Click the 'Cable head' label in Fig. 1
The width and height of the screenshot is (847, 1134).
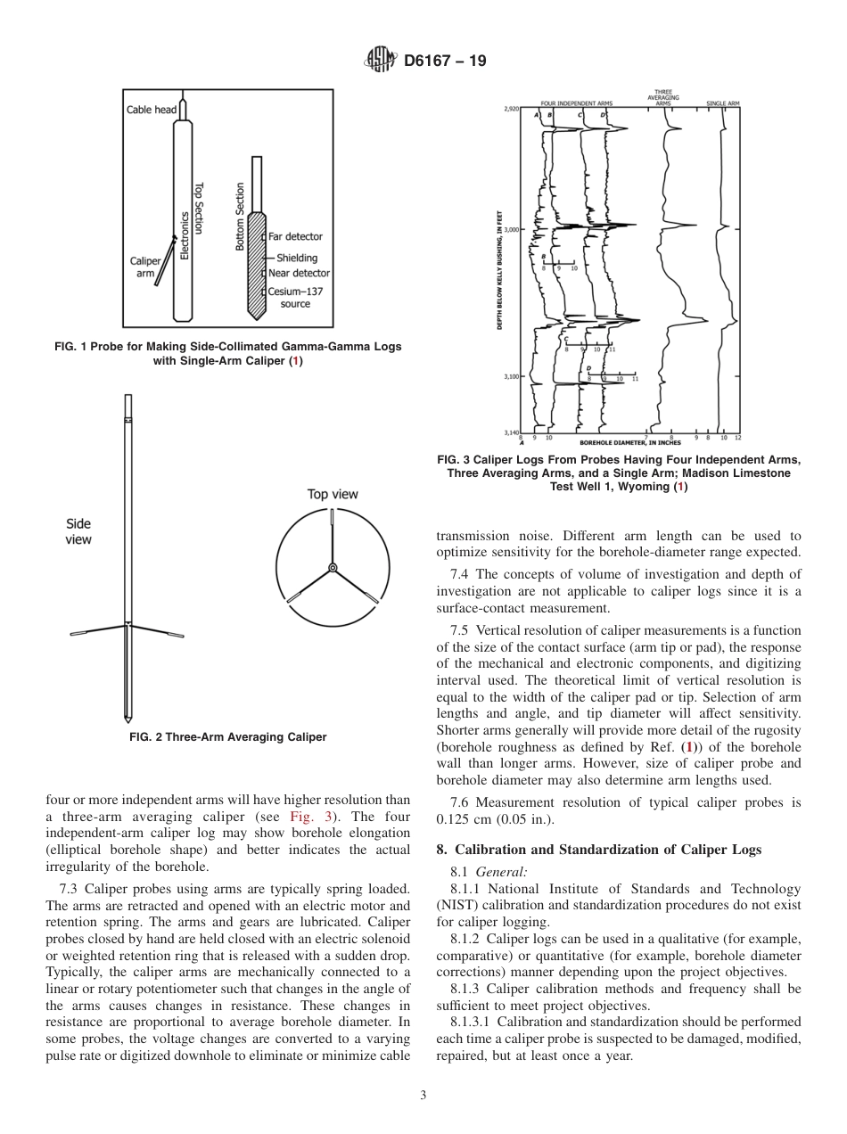(151, 110)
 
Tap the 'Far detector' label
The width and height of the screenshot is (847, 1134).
(295, 236)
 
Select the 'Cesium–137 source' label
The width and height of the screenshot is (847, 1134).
(295, 298)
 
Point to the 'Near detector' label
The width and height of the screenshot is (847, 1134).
(299, 273)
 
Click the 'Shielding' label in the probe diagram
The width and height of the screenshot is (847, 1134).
(296, 258)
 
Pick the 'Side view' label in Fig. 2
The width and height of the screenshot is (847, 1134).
(78, 531)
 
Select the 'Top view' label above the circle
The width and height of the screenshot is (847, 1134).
(333, 494)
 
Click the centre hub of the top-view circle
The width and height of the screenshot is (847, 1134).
(333, 567)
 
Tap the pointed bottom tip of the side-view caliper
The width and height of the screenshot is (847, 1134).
(128, 719)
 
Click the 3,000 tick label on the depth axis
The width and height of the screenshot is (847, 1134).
(513, 229)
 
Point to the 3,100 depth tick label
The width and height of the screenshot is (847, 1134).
(513, 376)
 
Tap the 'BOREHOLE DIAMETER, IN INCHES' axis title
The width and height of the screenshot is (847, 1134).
(629, 442)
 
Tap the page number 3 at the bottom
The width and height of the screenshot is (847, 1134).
(423, 1095)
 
